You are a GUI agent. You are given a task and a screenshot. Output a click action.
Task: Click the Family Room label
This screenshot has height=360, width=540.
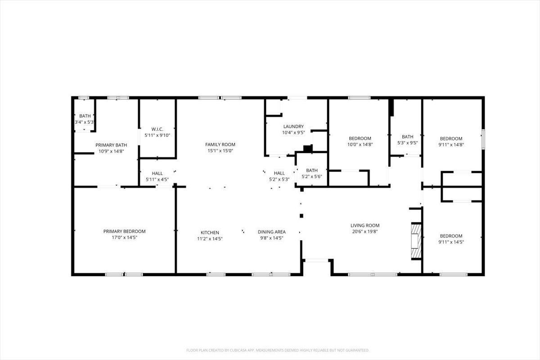click(x=220, y=144)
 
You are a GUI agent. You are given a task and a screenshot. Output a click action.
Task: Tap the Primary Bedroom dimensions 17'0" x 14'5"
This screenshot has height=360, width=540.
click(x=124, y=238)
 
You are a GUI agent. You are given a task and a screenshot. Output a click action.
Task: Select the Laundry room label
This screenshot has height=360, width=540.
click(x=293, y=126)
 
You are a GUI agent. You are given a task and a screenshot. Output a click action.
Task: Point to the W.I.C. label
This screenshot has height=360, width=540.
click(x=157, y=129)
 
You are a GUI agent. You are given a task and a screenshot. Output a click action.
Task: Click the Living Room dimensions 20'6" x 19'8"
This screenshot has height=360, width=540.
click(x=365, y=232)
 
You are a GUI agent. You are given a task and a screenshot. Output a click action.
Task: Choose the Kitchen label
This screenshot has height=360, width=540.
click(x=210, y=233)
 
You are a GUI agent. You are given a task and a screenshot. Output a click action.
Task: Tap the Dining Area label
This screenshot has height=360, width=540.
click(x=272, y=232)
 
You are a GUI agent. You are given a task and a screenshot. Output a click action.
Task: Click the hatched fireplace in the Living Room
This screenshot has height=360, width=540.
click(x=416, y=241)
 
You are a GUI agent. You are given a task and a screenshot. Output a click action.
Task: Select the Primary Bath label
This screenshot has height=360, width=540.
click(x=111, y=145)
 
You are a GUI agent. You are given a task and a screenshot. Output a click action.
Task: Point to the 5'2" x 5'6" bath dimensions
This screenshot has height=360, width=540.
click(x=312, y=176)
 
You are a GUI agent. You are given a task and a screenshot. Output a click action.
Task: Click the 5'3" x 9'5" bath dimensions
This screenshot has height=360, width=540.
click(x=407, y=143)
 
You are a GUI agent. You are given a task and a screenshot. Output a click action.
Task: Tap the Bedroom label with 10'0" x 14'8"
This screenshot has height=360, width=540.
click(x=360, y=139)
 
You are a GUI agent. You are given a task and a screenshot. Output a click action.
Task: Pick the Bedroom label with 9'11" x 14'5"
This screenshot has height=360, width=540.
click(x=451, y=236)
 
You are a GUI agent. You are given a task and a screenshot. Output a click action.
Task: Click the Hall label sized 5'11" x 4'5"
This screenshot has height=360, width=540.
click(x=157, y=173)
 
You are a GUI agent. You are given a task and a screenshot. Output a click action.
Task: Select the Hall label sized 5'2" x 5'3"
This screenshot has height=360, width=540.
click(x=279, y=173)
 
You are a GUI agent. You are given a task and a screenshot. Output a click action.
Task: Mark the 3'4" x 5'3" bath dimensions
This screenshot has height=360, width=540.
click(x=84, y=122)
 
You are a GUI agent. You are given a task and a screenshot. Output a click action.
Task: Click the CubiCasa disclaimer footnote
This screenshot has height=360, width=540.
click(x=278, y=350)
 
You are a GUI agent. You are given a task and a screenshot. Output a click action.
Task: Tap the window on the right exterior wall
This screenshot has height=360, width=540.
click(x=483, y=139)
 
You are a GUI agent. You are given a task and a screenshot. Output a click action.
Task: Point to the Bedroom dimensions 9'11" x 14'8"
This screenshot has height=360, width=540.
click(x=451, y=145)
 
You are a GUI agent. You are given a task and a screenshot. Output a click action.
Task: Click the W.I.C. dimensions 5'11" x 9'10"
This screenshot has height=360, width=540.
click(x=157, y=135)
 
